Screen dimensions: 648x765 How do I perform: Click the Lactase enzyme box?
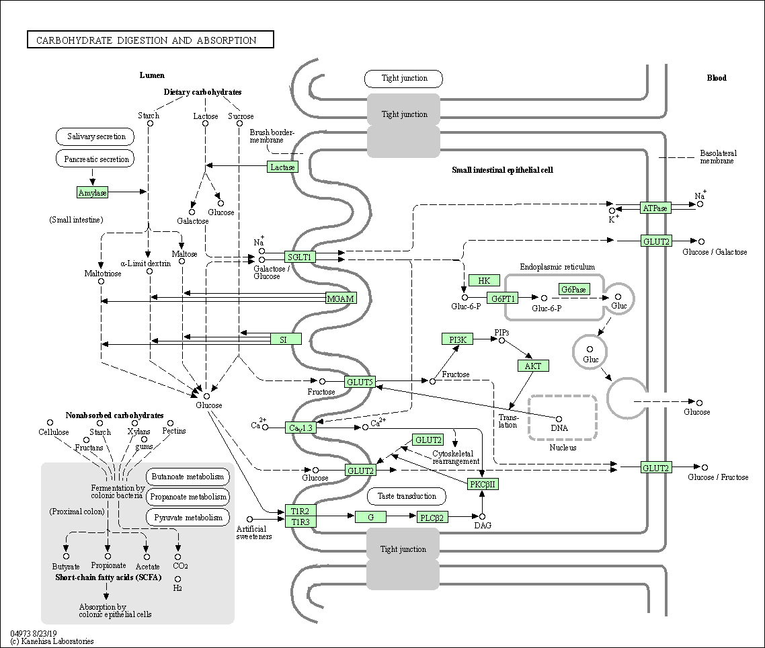(x=282, y=167)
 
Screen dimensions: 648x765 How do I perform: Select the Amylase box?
(x=93, y=192)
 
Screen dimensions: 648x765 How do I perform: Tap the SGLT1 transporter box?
(x=300, y=257)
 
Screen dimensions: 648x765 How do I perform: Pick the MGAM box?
(x=340, y=298)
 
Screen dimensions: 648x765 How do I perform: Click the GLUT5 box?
(x=360, y=382)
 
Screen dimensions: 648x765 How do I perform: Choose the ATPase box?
(x=655, y=208)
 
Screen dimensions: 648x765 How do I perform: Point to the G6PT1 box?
(x=504, y=298)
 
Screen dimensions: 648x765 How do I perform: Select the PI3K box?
(x=458, y=339)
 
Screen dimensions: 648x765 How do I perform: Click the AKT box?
(x=533, y=366)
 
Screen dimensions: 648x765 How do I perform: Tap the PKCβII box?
(x=484, y=483)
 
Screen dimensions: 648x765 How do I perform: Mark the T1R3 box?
(x=300, y=522)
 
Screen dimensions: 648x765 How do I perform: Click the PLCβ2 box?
(x=432, y=517)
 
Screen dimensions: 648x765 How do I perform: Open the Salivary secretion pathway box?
(x=96, y=136)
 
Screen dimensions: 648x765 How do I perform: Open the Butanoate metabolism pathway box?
(x=188, y=477)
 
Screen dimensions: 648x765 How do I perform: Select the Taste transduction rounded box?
(x=407, y=496)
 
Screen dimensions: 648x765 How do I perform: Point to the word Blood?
(x=717, y=78)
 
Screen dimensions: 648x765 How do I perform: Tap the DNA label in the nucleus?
(x=559, y=428)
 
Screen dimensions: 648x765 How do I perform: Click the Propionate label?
(x=108, y=566)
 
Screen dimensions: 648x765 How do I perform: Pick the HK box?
(x=484, y=280)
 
